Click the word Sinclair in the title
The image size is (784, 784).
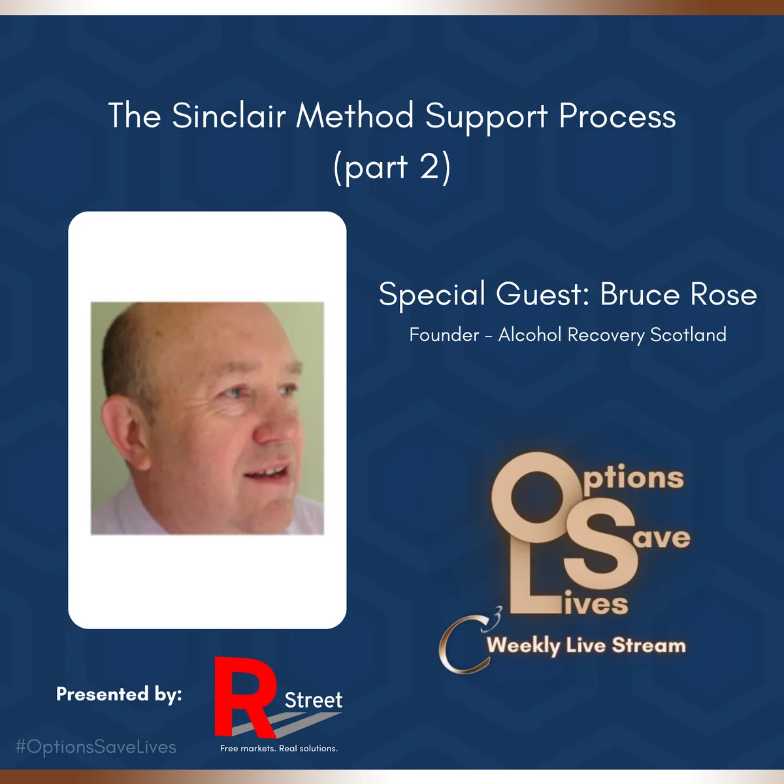(229, 116)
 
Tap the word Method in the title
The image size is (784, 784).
(355, 116)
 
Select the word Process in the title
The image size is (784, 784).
(617, 116)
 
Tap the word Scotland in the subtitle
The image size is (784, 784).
(688, 335)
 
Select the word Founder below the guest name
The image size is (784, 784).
(444, 335)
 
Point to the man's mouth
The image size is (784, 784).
(267, 472)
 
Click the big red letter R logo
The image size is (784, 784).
(245, 697)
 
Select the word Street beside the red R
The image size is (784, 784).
(314, 700)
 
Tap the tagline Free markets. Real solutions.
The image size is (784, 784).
(279, 748)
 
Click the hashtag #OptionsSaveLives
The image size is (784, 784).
(95, 747)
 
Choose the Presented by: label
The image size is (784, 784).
(119, 694)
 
